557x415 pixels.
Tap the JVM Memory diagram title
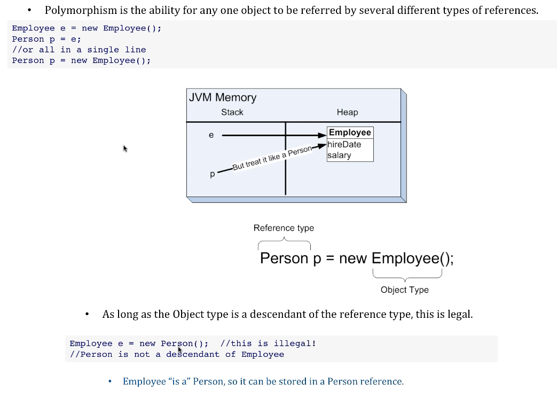[222, 97]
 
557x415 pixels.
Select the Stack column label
[232, 112]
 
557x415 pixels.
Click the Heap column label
[347, 112]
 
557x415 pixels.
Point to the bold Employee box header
[350, 132]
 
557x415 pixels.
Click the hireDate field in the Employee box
[344, 144]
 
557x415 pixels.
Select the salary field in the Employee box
[340, 155]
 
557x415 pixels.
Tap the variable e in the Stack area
[211, 135]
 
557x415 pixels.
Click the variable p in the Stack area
[213, 174]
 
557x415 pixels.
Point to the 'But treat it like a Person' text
[272, 159]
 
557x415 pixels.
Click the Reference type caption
[284, 228]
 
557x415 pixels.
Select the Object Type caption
[404, 290]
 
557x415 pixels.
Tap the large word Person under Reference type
[284, 259]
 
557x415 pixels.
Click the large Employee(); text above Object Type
[412, 259]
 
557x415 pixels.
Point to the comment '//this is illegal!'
[268, 343]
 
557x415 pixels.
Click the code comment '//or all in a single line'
[79, 50]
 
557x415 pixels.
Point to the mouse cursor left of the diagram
[125, 148]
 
